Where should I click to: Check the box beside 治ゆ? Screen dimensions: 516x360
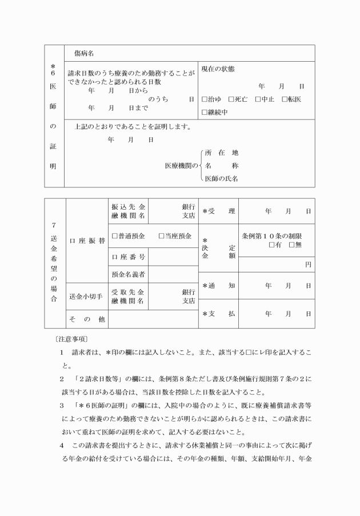[205, 99]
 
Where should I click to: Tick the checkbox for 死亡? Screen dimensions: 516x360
[231, 99]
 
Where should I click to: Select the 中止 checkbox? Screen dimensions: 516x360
[258, 99]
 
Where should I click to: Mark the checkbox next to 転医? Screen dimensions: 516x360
[285, 99]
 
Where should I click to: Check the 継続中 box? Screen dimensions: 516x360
[205, 112]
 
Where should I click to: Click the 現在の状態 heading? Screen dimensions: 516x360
[218, 69]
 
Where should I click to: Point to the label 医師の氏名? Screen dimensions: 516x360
[222, 178]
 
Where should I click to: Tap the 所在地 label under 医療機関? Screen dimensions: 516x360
[222, 153]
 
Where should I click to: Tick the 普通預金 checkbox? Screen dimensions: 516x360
[115, 235]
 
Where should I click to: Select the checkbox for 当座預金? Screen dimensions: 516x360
[162, 235]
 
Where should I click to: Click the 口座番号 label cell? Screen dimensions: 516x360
[129, 257]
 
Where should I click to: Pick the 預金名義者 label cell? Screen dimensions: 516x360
[129, 274]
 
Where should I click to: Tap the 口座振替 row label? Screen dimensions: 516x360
[86, 241]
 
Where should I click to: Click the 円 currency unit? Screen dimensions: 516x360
[308, 265]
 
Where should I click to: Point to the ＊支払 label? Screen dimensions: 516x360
[219, 314]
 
